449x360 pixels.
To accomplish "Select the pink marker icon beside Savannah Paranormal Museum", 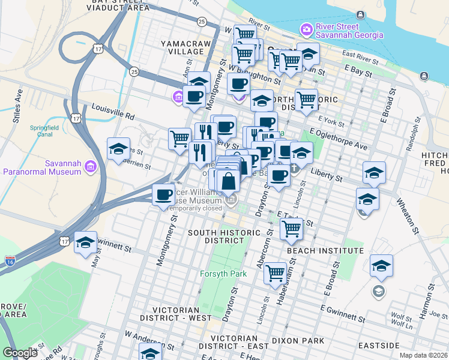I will (x=90, y=166).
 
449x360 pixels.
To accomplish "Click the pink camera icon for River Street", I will (x=307, y=29).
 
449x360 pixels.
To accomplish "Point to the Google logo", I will (x=20, y=353).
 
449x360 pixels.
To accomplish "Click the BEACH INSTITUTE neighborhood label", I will (x=325, y=250).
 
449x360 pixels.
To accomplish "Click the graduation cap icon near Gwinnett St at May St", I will (x=85, y=242).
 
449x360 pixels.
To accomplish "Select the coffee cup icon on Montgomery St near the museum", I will (x=164, y=195).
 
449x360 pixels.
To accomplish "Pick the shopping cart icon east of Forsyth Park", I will (x=275, y=273).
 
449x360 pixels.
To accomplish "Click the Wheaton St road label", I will (x=406, y=217).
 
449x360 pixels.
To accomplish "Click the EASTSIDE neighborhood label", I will (x=379, y=346).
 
